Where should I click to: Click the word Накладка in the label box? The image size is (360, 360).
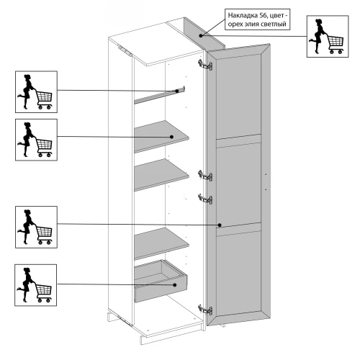[x=243, y=16]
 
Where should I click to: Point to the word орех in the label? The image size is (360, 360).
[x=234, y=24]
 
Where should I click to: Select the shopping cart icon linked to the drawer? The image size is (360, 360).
[x=36, y=285]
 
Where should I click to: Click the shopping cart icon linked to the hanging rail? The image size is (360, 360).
[x=36, y=91]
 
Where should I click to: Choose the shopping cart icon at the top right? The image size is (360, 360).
[x=328, y=37]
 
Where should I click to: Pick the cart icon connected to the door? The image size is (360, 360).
[x=36, y=227]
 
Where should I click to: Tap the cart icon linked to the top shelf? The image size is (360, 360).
[x=36, y=140]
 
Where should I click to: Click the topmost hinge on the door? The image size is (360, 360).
[x=205, y=65]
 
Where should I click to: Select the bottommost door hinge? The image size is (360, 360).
[x=205, y=310]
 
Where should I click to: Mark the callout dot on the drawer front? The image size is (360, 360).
[x=175, y=285]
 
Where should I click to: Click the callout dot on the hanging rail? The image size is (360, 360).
[x=177, y=91]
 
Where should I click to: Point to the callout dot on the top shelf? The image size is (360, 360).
[x=171, y=137]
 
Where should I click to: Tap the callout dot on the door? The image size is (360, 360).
[x=220, y=225]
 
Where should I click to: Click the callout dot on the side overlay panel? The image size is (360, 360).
[x=201, y=35]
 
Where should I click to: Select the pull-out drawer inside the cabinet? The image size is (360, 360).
[x=161, y=282]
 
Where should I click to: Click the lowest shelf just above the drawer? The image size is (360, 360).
[x=161, y=243]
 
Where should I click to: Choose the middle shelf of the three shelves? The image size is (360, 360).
[x=161, y=174]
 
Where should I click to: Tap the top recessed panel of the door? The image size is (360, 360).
[x=238, y=96]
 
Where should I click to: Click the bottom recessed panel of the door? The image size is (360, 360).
[x=238, y=274]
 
